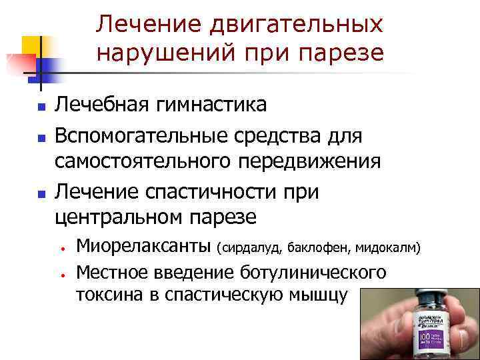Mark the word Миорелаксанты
click(x=143, y=247)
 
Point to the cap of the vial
click(x=427, y=297)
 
